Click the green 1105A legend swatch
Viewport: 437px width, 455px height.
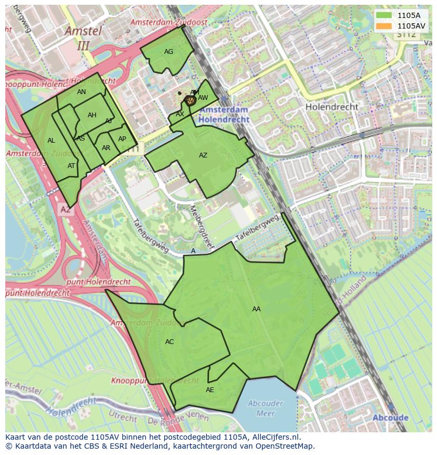(384, 15)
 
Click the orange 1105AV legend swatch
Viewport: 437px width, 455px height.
(384, 25)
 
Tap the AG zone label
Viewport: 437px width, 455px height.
(168, 52)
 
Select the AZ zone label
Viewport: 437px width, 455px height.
(203, 155)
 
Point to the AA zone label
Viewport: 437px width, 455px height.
(256, 309)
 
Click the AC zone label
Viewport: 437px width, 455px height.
(169, 342)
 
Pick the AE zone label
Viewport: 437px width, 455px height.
(210, 390)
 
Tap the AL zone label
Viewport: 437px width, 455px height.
(51, 141)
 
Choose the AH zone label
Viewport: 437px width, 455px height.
(92, 115)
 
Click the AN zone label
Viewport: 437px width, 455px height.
(81, 92)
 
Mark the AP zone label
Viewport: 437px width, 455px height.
(122, 139)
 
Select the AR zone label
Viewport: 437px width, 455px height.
(106, 148)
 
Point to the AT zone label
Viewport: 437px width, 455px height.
(71, 166)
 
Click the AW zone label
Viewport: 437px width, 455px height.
(203, 98)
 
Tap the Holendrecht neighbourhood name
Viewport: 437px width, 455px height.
(331, 107)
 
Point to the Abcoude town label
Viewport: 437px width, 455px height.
(390, 417)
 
